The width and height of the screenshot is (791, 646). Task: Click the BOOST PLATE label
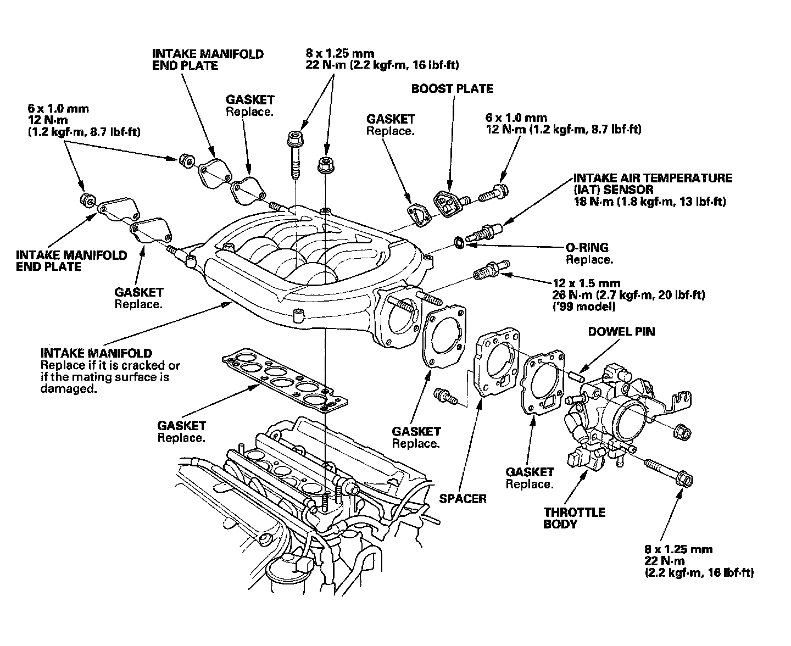point(452,88)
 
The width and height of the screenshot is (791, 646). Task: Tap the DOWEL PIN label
point(621,331)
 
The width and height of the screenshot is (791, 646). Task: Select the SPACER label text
point(463,498)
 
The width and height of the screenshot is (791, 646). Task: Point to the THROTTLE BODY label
point(574,518)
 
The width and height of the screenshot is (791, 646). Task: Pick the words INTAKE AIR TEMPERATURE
point(653,178)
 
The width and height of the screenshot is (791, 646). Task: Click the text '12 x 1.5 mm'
point(587,283)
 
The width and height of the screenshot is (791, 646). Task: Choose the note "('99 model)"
point(584,307)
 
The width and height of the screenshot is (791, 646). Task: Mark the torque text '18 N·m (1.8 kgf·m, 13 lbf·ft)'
point(649,202)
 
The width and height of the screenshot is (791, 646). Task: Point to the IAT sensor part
point(483,232)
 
